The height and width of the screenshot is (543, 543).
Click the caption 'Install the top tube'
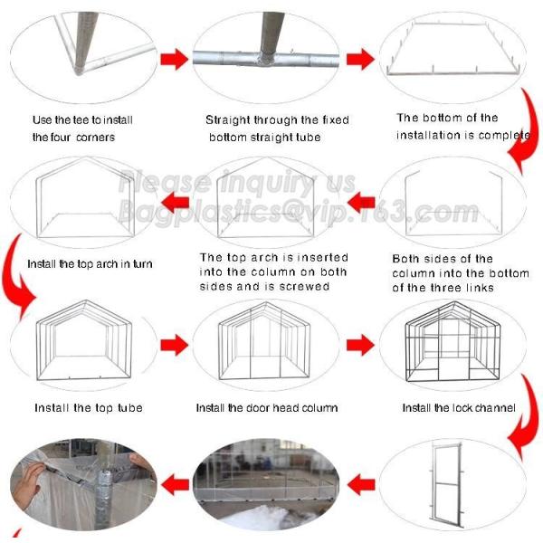89,408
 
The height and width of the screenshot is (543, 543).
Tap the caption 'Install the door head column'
266,408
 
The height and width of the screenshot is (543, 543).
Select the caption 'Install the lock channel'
458,408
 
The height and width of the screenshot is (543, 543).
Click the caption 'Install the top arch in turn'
90,264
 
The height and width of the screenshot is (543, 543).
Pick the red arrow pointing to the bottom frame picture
359,60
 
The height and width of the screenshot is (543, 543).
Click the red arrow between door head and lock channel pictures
359,344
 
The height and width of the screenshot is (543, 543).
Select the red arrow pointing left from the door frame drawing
361,484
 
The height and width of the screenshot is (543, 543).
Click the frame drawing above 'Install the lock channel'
451,344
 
